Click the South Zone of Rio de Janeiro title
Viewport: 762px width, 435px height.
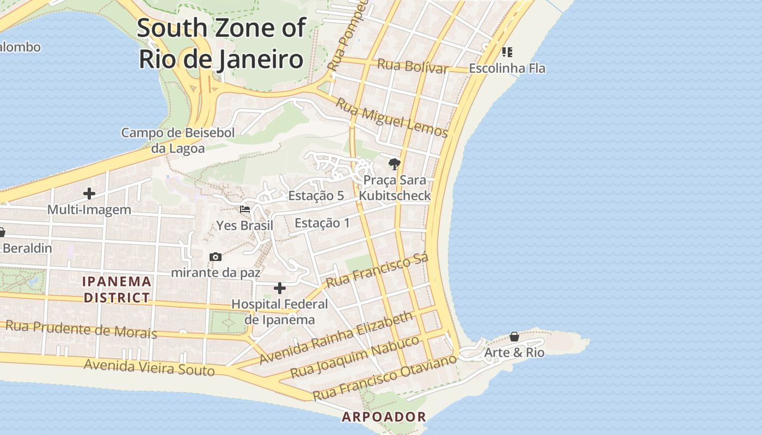221,43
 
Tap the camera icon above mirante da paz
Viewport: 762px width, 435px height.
216,257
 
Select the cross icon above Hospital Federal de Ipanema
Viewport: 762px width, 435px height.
279,288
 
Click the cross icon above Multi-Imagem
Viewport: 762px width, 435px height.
89,193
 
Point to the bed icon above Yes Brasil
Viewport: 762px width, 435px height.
245,209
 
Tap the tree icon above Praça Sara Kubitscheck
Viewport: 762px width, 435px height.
394,164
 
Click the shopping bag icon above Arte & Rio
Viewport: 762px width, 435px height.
514,337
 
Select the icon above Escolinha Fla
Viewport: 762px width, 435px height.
507,52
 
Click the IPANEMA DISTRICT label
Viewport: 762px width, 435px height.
116,289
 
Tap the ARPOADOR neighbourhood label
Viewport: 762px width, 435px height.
384,417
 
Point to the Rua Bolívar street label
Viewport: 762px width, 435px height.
413,66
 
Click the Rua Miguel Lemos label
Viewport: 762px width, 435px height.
391,117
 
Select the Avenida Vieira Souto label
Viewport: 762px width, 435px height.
149,368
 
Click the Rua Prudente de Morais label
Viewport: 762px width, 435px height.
81,329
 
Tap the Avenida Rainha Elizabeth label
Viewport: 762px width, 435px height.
336,338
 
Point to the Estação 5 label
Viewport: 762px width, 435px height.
316,196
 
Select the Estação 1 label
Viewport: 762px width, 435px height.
322,223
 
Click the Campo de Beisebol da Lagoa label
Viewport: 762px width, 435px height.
178,140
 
